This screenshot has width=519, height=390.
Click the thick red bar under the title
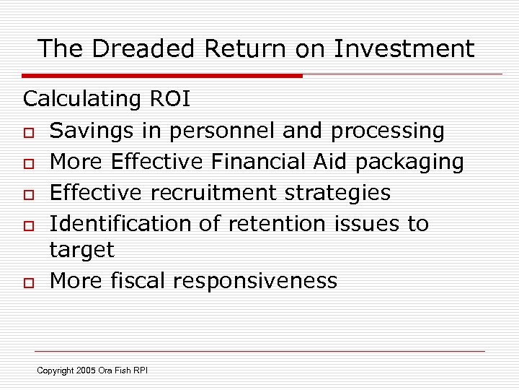click(x=162, y=75)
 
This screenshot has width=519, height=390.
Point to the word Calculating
click(x=81, y=100)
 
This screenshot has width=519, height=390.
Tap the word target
click(x=81, y=251)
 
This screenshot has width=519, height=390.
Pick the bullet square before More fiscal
click(x=29, y=282)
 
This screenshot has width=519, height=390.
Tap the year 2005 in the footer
click(x=86, y=370)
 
